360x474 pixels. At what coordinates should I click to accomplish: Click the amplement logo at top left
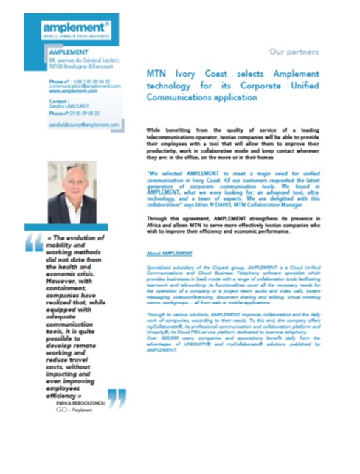(x=77, y=28)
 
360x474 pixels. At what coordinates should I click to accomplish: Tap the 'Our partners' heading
(x=294, y=52)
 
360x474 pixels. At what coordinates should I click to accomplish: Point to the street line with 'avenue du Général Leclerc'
(x=83, y=59)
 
